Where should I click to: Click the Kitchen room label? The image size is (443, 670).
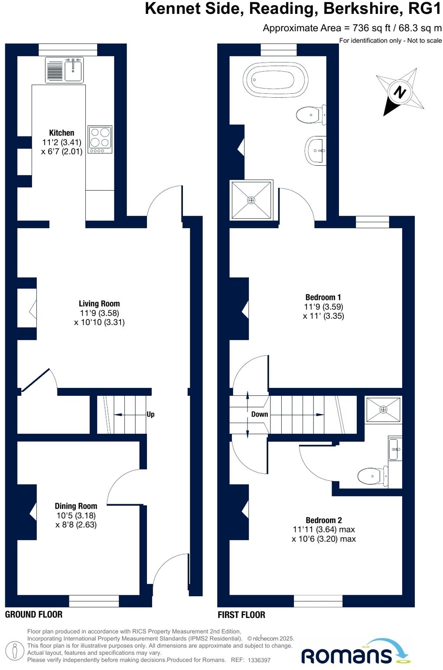pos(62,133)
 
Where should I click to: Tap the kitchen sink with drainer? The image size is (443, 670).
pos(65,70)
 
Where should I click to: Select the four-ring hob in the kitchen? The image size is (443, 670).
pos(100,139)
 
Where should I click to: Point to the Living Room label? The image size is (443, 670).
pos(99,304)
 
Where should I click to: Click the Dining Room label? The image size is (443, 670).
pos(76,506)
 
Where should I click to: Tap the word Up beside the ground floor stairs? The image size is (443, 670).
pos(150,414)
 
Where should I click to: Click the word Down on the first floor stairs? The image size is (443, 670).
pos(260,414)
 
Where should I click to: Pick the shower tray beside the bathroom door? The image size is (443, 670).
pos(251,200)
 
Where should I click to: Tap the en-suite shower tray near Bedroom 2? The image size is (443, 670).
pos(383,410)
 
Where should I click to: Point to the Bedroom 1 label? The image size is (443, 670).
pos(323,297)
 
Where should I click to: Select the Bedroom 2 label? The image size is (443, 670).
pos(324,520)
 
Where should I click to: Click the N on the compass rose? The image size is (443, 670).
pos(400,92)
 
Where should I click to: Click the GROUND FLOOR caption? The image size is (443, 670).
pos(34,614)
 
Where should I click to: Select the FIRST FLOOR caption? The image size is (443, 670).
pos(241,615)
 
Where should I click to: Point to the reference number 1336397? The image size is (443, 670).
pos(259,660)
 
